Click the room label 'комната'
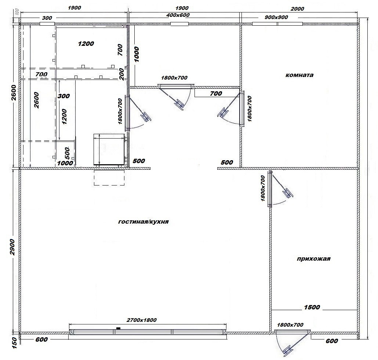pyautogui.click(x=299, y=75)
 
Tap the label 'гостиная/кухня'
pyautogui.click(x=143, y=221)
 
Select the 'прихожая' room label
pyautogui.click(x=313, y=259)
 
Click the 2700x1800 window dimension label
pyautogui.click(x=142, y=320)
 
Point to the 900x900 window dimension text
pyautogui.click(x=276, y=17)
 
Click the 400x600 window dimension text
pyautogui.click(x=178, y=15)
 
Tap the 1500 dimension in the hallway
pyautogui.click(x=312, y=307)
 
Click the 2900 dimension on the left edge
pyautogui.click(x=12, y=247)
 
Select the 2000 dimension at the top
pyautogui.click(x=297, y=9)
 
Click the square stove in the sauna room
pyautogui.click(x=110, y=150)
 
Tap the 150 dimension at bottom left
pyautogui.click(x=14, y=342)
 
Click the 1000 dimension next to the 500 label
pyautogui.click(x=65, y=163)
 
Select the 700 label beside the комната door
pyautogui.click(x=216, y=93)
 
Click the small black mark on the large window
pyautogui.click(x=118, y=328)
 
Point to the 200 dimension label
pyautogui.click(x=121, y=74)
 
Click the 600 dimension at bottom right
pyautogui.click(x=332, y=341)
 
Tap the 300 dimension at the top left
pyautogui.click(x=47, y=18)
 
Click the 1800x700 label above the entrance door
pyautogui.click(x=290, y=325)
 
